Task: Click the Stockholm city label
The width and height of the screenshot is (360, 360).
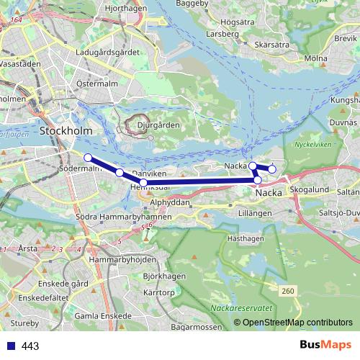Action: tap(66, 131)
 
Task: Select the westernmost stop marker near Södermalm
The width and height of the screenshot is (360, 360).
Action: tap(88, 158)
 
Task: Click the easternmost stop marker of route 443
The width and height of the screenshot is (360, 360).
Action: tap(272, 169)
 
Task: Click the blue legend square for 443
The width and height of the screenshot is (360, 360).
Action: tap(10, 346)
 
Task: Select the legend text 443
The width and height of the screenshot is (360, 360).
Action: tap(31, 346)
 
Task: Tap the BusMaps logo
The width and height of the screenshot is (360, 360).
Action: tap(325, 346)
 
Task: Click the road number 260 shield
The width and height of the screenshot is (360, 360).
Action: tap(288, 290)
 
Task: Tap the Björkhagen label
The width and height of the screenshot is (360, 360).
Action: tap(160, 276)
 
